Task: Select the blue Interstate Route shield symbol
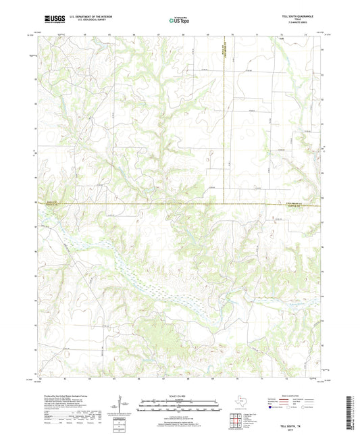click(x=271, y=407)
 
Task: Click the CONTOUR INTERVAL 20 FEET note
click(x=179, y=417)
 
